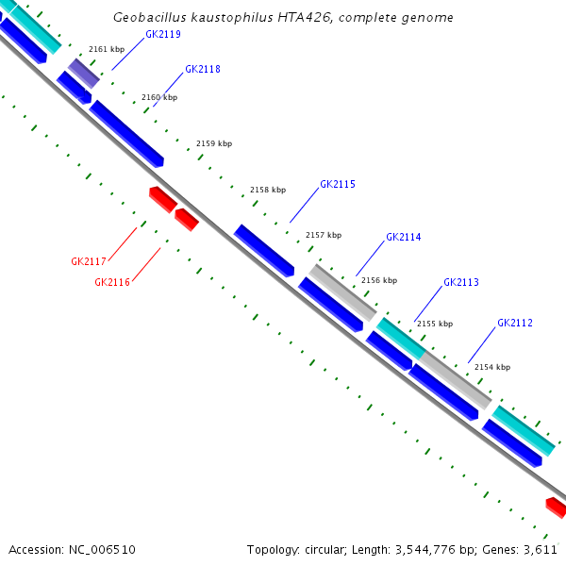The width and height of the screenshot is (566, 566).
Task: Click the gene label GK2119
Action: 163,35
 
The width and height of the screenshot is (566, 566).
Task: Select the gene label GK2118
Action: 203,70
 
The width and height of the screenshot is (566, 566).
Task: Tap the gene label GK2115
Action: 338,185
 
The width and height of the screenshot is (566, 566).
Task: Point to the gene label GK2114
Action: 404,238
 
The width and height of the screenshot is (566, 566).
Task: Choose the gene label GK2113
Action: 461,283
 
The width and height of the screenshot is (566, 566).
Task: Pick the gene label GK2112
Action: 515,324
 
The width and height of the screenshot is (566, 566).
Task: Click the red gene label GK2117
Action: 89,261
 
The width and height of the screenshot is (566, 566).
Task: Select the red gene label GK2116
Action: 112,282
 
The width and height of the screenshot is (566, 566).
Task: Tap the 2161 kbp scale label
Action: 106,49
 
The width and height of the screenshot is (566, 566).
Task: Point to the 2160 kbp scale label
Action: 158,97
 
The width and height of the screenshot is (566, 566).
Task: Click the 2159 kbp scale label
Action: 214,144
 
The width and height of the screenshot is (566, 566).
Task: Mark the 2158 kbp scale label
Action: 268,190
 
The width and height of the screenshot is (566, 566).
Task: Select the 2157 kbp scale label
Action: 324,235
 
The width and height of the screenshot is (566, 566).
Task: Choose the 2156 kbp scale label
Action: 379,280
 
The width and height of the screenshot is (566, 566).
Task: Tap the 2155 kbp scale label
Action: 435,324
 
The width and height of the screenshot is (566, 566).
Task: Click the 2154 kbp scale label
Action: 491,367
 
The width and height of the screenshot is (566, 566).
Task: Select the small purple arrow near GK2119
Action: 83,73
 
